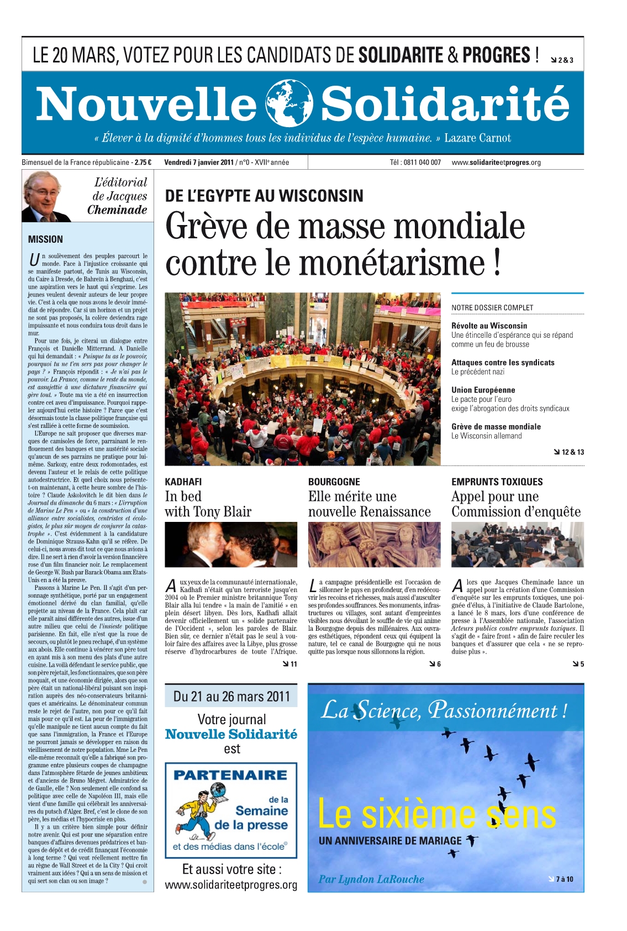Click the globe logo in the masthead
point(289,103)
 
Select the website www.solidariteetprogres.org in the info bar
point(496,163)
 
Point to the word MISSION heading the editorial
point(45,239)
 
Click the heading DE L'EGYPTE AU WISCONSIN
point(264,196)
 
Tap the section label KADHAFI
point(183,482)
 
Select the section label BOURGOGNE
point(334,482)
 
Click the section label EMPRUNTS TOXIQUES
point(497,482)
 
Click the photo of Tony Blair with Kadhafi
point(231,545)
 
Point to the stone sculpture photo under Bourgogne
point(374,545)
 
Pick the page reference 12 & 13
point(569,452)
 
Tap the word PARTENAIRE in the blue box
point(230,775)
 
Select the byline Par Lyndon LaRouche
point(371,879)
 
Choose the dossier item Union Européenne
point(483,390)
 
